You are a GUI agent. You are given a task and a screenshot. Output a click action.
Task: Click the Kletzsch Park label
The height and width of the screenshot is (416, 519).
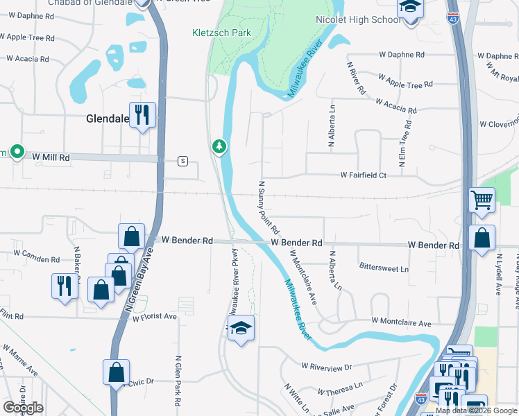coord(221,33)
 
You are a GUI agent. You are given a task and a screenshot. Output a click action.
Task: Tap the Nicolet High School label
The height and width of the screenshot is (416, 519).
coord(357,19)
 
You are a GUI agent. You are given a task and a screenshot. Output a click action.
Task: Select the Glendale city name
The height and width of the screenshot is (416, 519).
coord(108,119)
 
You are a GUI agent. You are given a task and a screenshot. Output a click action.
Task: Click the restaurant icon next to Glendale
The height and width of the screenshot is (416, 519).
coord(142,114)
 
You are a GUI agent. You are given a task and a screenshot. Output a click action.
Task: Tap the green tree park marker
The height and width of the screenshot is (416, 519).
coord(219,146)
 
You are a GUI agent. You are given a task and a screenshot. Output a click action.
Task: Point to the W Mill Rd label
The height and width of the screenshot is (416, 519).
coord(51,157)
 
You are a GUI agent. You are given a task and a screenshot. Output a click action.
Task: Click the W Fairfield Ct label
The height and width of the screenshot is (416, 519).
coord(363,175)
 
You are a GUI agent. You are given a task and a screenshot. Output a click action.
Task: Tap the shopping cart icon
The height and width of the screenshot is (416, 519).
coord(482,200)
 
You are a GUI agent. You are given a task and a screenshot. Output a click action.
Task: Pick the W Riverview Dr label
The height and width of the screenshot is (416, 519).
coord(327,365)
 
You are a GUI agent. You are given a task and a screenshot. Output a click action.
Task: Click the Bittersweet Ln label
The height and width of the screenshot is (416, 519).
coord(384,268)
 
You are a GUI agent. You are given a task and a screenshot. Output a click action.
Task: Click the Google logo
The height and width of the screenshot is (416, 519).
coord(23,408)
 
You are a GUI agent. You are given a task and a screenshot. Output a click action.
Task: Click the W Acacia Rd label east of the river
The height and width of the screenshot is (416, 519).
coord(397,106)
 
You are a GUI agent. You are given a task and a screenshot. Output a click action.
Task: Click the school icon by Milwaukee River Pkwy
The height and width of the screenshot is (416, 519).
coord(241,328)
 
